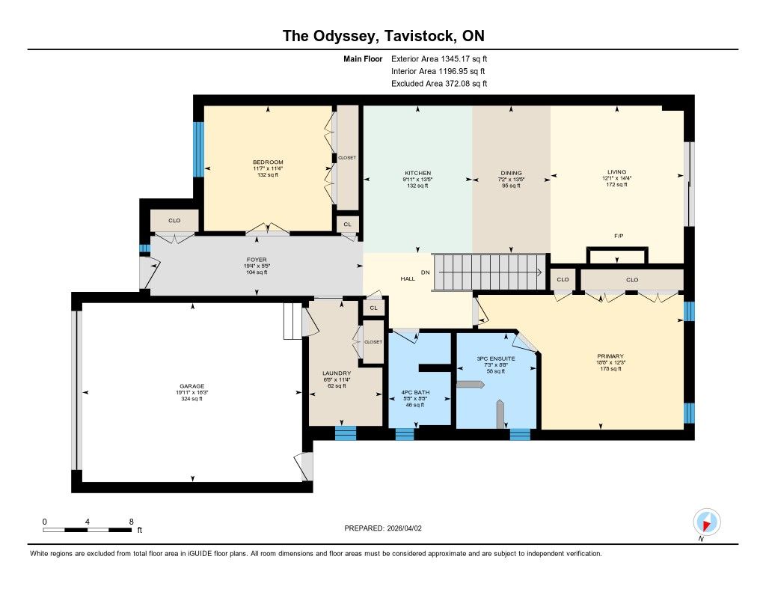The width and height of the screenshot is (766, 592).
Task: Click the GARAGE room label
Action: (x=191, y=385)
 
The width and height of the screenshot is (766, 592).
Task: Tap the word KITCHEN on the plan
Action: (x=417, y=173)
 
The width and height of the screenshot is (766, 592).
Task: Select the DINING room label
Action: (x=511, y=173)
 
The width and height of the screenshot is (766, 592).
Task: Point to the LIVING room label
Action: (x=616, y=171)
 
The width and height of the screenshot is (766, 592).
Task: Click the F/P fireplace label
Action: (x=619, y=236)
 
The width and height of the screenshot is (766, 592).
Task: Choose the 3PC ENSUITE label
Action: (x=496, y=358)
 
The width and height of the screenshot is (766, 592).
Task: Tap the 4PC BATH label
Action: (x=415, y=392)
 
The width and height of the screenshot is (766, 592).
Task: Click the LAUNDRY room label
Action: (x=337, y=373)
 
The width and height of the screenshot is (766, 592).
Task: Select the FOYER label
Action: (x=257, y=260)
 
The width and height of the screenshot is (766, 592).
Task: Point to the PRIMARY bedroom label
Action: (x=610, y=356)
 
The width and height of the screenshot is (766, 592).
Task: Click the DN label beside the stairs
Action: (x=426, y=272)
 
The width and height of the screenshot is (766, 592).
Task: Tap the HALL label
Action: (x=408, y=278)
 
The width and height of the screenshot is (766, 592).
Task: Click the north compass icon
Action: (x=706, y=522)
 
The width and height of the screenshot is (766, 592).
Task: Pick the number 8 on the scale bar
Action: (x=131, y=522)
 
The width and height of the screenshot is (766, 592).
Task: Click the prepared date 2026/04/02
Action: (x=404, y=528)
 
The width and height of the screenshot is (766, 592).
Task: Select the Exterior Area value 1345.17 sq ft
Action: (x=464, y=58)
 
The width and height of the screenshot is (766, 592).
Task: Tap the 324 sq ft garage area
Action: (x=191, y=398)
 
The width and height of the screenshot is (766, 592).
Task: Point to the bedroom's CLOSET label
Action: (x=347, y=157)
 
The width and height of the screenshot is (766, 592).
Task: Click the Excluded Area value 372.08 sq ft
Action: (x=466, y=84)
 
